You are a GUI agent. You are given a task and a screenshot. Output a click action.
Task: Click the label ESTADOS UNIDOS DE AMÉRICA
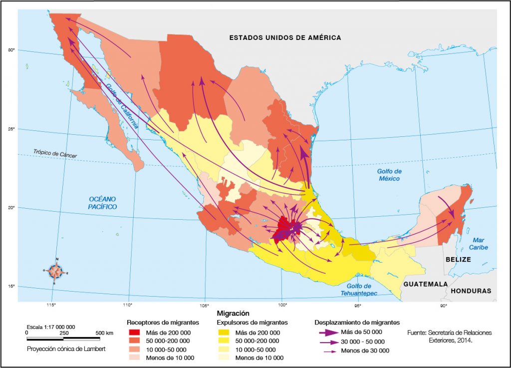[x=285, y=37]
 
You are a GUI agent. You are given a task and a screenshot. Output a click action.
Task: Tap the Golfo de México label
[x=389, y=175]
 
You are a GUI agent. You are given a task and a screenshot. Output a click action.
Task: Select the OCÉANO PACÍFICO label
[x=102, y=203]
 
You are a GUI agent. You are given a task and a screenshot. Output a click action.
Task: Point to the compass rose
[x=56, y=272]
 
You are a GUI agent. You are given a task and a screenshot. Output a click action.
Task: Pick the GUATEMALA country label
[x=425, y=284]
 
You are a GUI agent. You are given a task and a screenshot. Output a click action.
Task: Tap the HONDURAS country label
[x=471, y=291]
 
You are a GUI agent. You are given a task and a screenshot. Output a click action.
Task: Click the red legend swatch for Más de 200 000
[x=135, y=333]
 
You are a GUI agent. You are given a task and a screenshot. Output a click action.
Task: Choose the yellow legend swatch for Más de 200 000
[x=226, y=333]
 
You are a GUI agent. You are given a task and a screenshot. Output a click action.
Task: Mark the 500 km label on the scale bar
[x=104, y=333]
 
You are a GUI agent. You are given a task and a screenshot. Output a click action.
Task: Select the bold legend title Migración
[x=233, y=313]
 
